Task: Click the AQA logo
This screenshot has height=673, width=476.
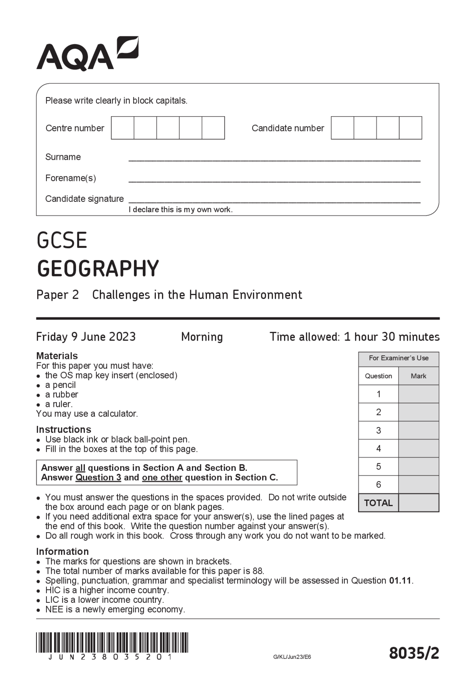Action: click(x=87, y=54)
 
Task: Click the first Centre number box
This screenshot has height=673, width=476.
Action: click(x=122, y=128)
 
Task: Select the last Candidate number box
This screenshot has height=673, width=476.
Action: click(x=411, y=128)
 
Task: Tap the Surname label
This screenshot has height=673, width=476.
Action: click(x=63, y=157)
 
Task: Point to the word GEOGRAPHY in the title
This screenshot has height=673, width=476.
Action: click(x=98, y=268)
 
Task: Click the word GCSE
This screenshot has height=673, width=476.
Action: click(x=62, y=240)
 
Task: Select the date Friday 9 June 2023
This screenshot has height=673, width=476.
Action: click(x=86, y=337)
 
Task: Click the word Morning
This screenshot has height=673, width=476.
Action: click(x=202, y=337)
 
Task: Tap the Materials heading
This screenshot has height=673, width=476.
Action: click(x=57, y=356)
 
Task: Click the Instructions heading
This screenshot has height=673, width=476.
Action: click(x=64, y=429)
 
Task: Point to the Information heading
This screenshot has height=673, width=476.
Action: click(x=62, y=551)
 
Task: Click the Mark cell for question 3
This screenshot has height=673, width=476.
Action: click(x=418, y=430)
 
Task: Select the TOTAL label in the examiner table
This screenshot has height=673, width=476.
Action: click(x=378, y=503)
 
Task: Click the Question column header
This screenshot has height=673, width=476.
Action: click(x=378, y=376)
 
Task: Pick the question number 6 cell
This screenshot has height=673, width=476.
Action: click(x=378, y=485)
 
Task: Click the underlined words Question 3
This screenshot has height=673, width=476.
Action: click(x=98, y=477)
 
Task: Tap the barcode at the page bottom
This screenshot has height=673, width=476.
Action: click(x=112, y=643)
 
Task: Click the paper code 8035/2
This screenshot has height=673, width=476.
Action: click(x=414, y=653)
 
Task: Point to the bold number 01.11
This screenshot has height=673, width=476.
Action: click(x=401, y=580)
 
